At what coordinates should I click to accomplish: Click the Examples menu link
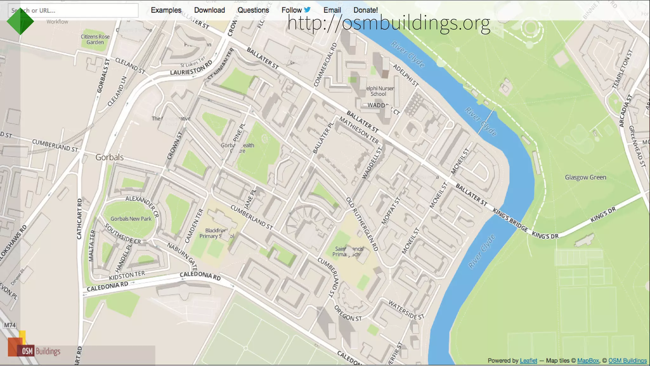(166, 10)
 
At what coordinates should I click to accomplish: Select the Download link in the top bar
(209, 10)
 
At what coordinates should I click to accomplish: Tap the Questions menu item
(253, 10)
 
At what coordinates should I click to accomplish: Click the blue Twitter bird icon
(307, 10)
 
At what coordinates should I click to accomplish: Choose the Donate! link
(366, 10)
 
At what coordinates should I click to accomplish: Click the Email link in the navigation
(332, 10)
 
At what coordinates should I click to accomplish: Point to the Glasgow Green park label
(585, 177)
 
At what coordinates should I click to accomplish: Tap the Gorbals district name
(109, 157)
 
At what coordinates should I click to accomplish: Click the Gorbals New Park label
(131, 219)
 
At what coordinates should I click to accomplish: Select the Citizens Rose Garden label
(95, 39)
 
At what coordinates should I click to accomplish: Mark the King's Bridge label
(510, 220)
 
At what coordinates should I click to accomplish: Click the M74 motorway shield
(10, 325)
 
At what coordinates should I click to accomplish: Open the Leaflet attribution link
(528, 361)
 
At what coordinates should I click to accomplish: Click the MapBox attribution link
(588, 361)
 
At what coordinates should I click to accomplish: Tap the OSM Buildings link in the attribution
(627, 361)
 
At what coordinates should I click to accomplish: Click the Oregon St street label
(348, 314)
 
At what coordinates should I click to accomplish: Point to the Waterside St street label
(406, 310)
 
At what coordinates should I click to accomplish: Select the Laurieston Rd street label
(191, 69)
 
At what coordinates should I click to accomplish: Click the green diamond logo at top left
(20, 21)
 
